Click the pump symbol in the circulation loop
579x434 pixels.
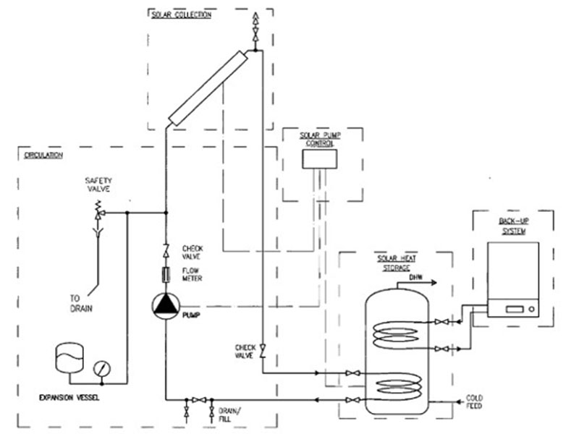[x=165, y=305]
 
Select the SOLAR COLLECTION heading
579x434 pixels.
[x=181, y=14]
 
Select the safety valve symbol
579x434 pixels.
[x=98, y=213]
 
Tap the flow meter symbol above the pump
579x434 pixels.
[x=165, y=275]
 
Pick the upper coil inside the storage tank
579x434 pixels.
[x=394, y=333]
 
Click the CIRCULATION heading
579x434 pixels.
[x=43, y=155]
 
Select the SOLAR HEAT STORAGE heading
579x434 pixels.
[x=395, y=263]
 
